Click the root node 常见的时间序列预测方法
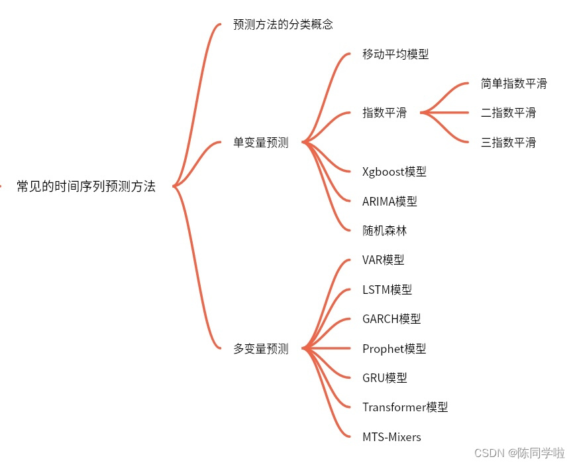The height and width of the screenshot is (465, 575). coord(86,186)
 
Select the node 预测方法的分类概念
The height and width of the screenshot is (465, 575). coord(283,25)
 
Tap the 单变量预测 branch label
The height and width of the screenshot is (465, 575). coord(261,143)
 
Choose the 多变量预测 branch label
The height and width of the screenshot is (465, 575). coord(261,348)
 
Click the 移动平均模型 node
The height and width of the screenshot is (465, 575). coord(395,54)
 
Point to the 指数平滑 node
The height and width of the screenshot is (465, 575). coord(384,113)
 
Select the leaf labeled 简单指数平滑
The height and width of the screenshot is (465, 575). coord(514,84)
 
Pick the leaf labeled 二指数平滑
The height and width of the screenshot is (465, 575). coord(508,113)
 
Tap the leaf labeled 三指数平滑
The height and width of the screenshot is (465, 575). coord(508,142)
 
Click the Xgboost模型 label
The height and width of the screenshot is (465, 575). coord(394,172)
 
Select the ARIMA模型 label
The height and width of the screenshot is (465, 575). coord(390,201)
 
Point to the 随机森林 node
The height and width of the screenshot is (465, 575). coord(384,230)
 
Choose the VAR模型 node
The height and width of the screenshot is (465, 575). coord(383,260)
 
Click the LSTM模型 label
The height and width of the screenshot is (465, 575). coord(387,289)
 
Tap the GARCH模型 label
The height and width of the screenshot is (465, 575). coord(392,318)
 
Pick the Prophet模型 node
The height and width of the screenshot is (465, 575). coord(394,348)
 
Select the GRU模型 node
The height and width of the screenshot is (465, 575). coord(384,377)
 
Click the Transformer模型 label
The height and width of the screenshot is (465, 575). coord(405,407)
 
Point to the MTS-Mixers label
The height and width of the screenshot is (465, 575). coord(392,436)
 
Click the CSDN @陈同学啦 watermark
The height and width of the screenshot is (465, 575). coord(519,453)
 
